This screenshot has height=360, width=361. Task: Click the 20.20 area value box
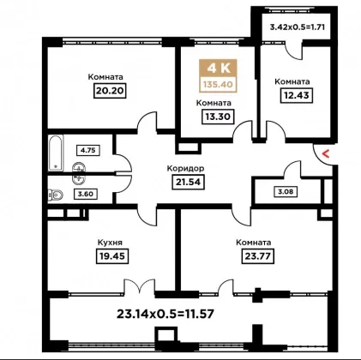(110, 91)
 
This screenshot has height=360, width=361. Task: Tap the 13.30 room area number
(218, 117)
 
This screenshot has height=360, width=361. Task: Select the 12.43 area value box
(297, 95)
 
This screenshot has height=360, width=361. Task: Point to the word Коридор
(185, 168)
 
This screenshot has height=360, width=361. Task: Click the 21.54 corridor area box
(189, 182)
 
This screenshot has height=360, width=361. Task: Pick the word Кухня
(110, 243)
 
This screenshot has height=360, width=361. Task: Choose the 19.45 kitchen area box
(112, 255)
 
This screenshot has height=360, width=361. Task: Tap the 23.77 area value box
(258, 255)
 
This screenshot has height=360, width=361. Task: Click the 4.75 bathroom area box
(88, 150)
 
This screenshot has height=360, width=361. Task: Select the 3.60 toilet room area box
(86, 194)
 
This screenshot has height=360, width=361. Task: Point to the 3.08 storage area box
(286, 191)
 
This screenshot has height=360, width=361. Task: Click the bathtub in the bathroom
(56, 153)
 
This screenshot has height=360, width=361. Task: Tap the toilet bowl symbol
(56, 195)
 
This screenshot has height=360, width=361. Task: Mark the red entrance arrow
(326, 154)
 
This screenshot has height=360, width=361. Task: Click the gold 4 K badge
(218, 68)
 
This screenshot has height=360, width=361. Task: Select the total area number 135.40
(218, 85)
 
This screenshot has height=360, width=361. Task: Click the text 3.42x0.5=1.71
(298, 27)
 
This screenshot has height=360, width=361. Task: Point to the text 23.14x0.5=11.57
(165, 315)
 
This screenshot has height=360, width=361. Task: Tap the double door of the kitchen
(140, 286)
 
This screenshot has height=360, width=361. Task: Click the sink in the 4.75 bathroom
(79, 168)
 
